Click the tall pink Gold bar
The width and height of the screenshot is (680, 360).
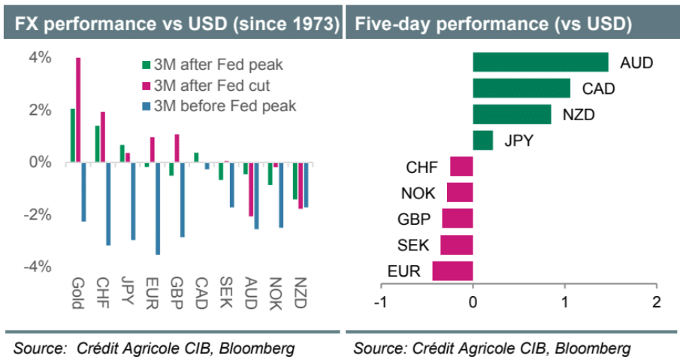point(78,110)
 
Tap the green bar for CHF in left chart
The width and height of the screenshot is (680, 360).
point(98,144)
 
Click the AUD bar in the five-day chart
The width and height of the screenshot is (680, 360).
point(540,62)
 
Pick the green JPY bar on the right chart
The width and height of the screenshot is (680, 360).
point(483,141)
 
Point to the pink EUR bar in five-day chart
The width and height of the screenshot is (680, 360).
point(452,271)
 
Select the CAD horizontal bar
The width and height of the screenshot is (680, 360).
point(521,89)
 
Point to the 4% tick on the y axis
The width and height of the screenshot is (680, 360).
point(41,58)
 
